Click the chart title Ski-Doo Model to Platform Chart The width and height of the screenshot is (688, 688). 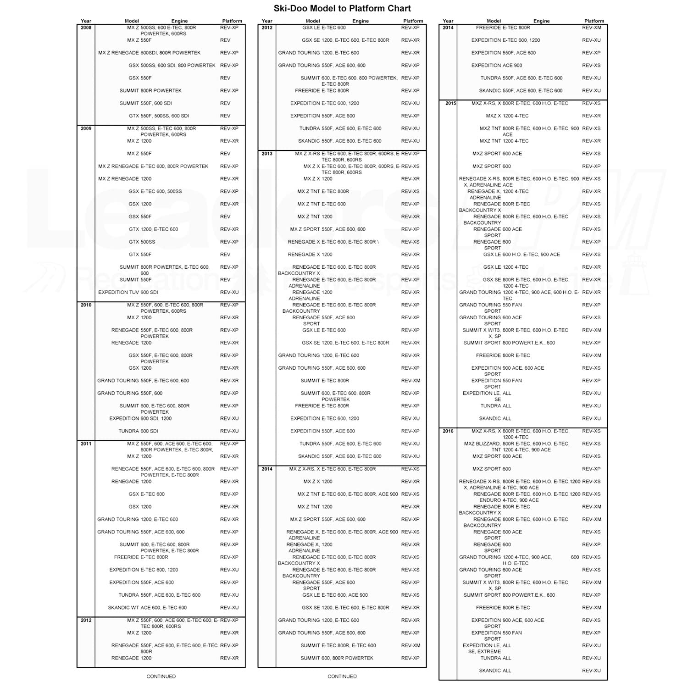pyautogui.click(x=342, y=8)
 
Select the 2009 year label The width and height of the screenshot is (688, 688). pyautogui.click(x=86, y=128)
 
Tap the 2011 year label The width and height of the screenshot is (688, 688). pyautogui.click(x=86, y=444)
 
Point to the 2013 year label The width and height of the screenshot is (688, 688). pyautogui.click(x=267, y=154)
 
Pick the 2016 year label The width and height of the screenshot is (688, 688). pyautogui.click(x=448, y=431)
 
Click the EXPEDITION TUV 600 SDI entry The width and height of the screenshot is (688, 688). pyautogui.click(x=128, y=292)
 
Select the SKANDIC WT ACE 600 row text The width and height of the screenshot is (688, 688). pyautogui.click(x=147, y=608)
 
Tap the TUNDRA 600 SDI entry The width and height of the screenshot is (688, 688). pyautogui.click(x=138, y=431)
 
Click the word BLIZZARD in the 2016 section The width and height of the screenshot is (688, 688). pyautogui.click(x=488, y=444)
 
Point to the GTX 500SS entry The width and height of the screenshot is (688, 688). pyautogui.click(x=142, y=242)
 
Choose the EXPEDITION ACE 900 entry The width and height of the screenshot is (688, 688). pyautogui.click(x=497, y=65)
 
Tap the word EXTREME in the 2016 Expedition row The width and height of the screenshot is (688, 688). pyautogui.click(x=489, y=651)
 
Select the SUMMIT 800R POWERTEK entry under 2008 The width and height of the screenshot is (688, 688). pyautogui.click(x=150, y=90)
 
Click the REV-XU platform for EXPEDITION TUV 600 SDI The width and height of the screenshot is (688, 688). pyautogui.click(x=229, y=292)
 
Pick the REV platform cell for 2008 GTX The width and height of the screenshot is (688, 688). pyautogui.click(x=225, y=116)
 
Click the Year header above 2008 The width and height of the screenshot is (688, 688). pyautogui.click(x=86, y=21)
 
